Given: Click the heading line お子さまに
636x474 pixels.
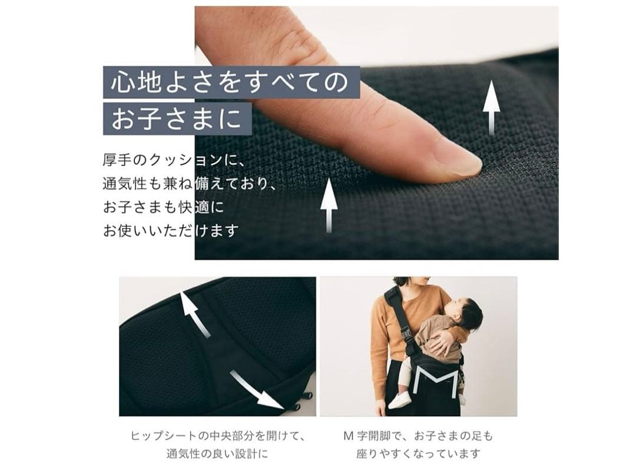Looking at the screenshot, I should click(176, 118).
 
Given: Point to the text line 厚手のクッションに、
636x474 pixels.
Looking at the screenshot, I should click(177, 160).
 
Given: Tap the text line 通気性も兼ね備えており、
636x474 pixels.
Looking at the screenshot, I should click(189, 183).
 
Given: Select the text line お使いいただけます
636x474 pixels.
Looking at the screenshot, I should click(171, 230).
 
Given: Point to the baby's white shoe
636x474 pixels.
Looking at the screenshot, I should click(401, 400).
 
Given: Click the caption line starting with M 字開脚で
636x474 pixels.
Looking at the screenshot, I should click(418, 436).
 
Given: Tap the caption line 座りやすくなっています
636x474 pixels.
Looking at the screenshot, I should click(418, 454).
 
